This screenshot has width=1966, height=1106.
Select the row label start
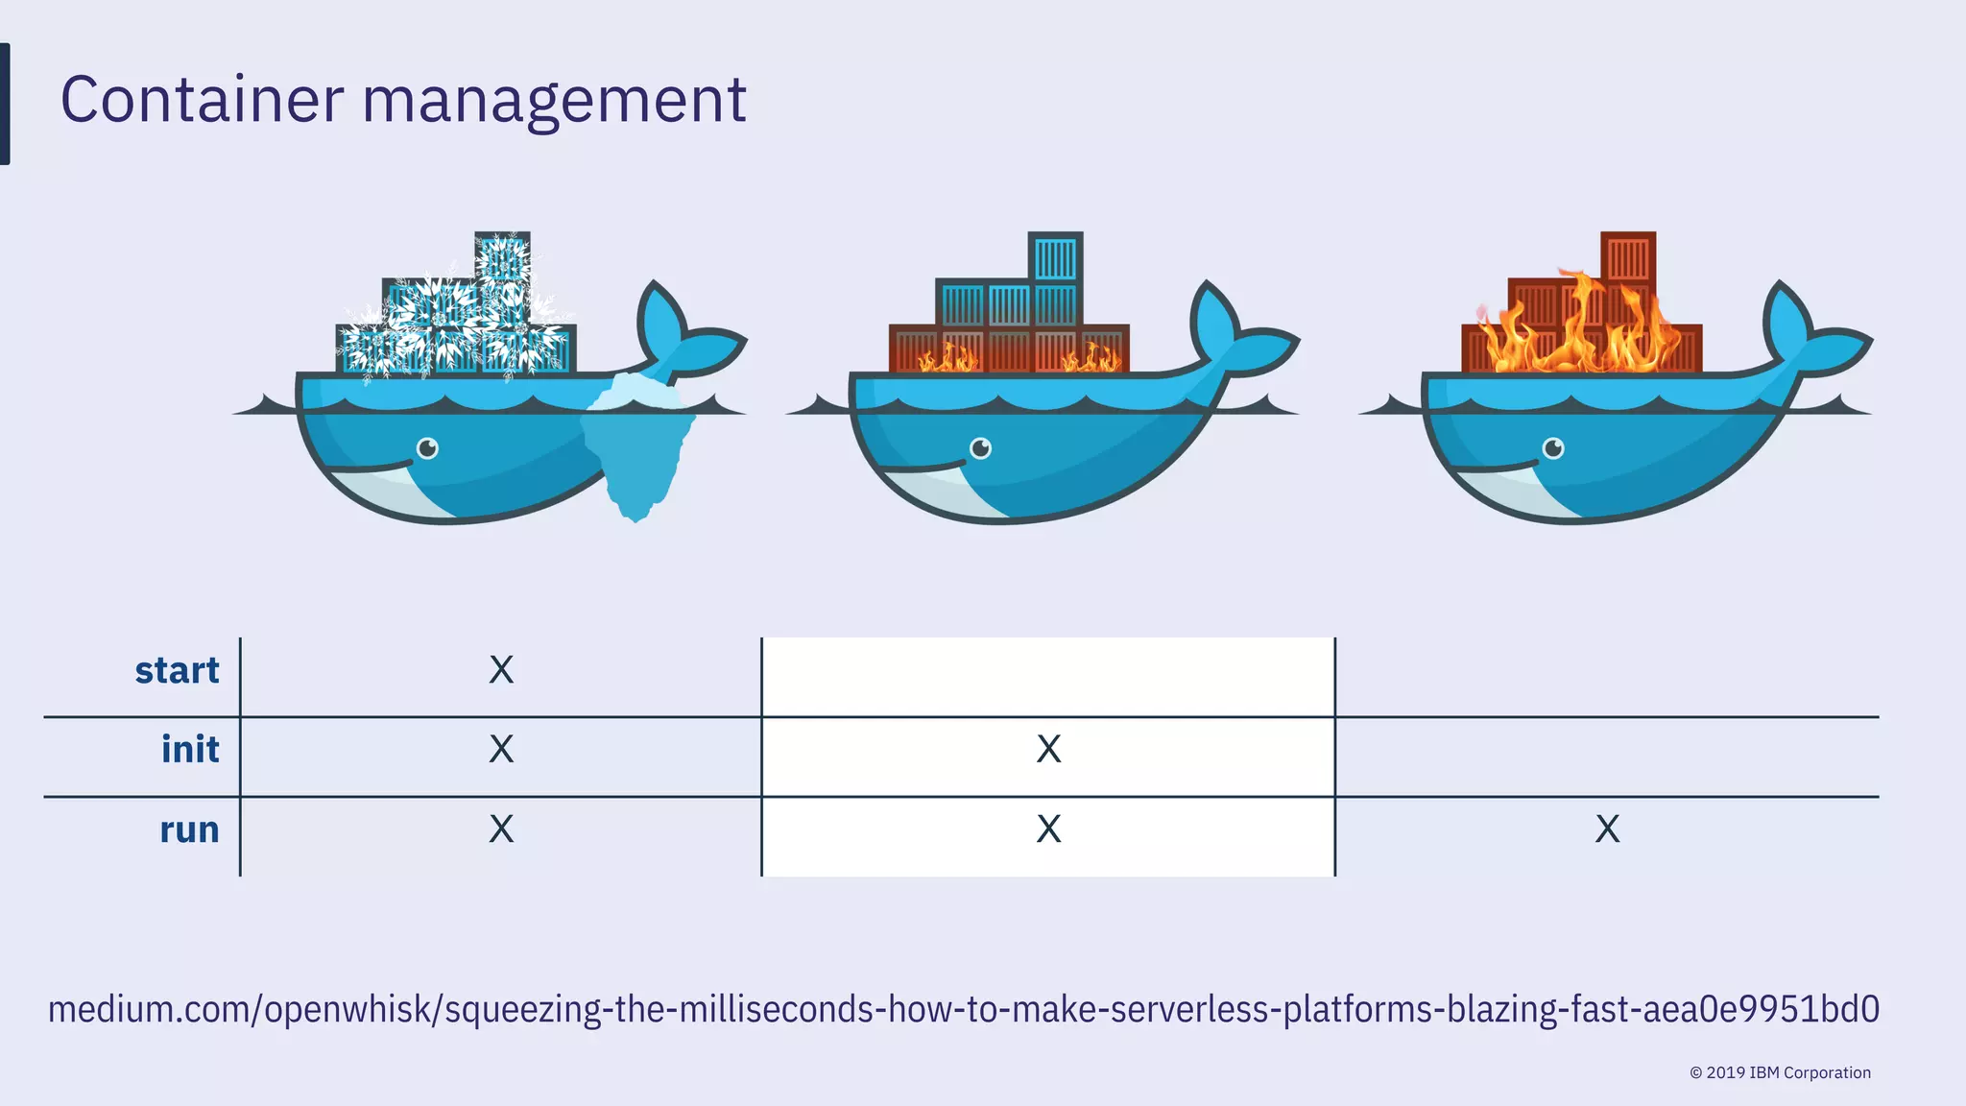[x=177, y=670]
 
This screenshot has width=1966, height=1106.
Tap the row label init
[x=190, y=750]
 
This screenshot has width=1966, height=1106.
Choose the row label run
[x=189, y=829]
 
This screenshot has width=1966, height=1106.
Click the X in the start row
[x=501, y=670]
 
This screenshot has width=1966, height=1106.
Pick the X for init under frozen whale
[x=501, y=750]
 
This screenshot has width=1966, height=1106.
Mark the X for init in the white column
[x=1048, y=750]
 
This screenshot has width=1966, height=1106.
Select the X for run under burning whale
[x=1607, y=829]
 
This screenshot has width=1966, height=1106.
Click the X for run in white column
[x=1048, y=829]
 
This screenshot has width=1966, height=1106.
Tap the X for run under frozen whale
[x=501, y=829]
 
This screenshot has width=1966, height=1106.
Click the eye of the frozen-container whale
[x=427, y=448]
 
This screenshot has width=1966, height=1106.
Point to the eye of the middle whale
[x=980, y=448]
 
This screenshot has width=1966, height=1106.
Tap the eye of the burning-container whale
[x=1553, y=448]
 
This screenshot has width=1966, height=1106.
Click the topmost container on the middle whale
[x=1055, y=257]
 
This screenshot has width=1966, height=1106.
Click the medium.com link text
[x=963, y=1010]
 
